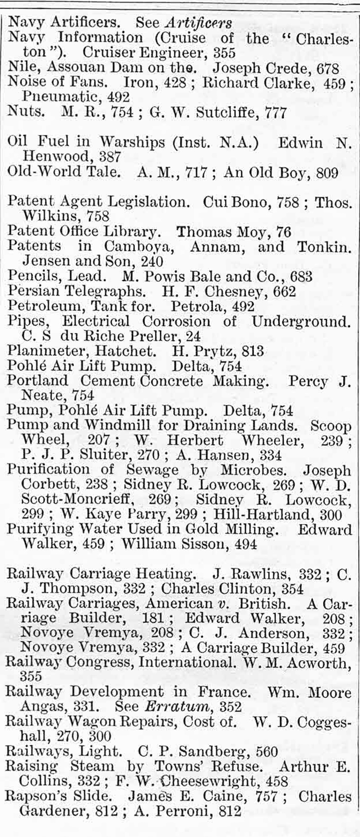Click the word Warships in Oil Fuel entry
tap(132, 143)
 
